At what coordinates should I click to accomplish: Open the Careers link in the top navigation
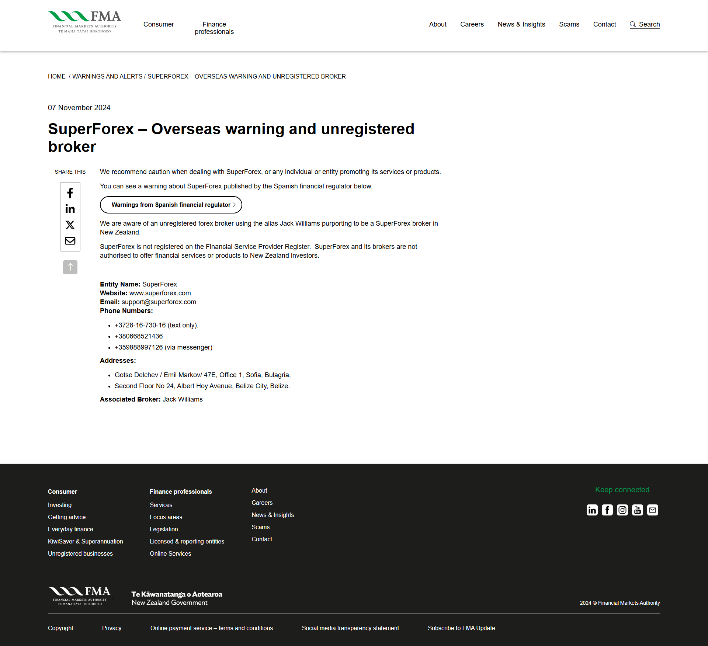[472, 24]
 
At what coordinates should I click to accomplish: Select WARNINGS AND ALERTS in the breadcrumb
[107, 76]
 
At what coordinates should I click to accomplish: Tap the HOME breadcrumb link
[56, 76]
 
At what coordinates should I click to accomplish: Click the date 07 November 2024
[79, 108]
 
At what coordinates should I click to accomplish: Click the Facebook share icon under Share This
[70, 193]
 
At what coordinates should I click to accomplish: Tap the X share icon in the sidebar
[70, 225]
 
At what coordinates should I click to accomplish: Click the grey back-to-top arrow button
[70, 267]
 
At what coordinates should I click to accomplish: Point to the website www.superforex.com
[160, 293]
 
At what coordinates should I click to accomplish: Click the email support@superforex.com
[159, 302]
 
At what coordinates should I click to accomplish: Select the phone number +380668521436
[139, 336]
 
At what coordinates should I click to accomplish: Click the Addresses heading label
[118, 361]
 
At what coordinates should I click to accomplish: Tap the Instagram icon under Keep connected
[622, 510]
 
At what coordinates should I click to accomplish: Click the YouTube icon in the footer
[638, 510]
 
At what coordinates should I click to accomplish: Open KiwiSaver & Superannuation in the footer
[86, 541]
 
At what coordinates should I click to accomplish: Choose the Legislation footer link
[164, 529]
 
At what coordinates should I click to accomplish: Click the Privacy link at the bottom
[112, 628]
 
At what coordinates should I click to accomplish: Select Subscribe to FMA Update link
[461, 628]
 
